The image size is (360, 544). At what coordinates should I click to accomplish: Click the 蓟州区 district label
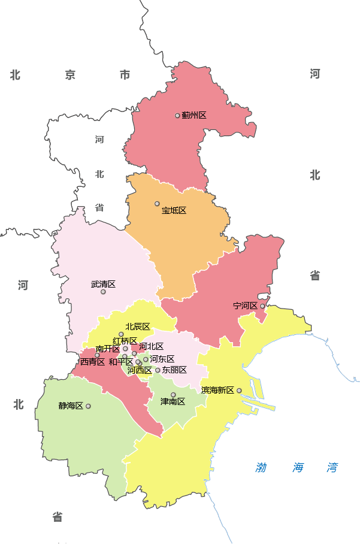point(194,115)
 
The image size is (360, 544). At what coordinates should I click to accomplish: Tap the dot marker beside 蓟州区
point(177,116)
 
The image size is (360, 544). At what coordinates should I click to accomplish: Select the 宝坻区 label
point(174,211)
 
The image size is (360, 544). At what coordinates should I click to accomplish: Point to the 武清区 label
point(103,284)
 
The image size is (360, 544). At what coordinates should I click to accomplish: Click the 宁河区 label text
point(245,306)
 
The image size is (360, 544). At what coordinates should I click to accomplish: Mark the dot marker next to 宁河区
point(262,306)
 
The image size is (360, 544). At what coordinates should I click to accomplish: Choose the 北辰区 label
point(138,327)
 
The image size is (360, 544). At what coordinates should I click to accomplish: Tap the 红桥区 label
point(125,341)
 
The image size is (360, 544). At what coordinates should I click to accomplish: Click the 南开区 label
point(108,349)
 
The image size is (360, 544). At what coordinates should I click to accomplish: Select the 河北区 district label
point(152,346)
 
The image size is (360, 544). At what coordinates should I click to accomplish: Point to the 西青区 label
point(93,362)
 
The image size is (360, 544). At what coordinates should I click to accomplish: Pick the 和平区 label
point(121,362)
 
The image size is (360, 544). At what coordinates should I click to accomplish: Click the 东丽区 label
point(174,370)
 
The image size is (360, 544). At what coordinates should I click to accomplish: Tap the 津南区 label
point(173,401)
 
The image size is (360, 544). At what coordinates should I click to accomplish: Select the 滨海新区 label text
point(217,390)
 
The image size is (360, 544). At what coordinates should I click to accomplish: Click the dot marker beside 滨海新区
point(239,391)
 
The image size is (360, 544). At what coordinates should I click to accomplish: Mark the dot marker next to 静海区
point(88,406)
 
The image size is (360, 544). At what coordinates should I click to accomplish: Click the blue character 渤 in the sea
point(261,468)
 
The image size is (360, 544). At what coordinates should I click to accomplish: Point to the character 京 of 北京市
point(71,75)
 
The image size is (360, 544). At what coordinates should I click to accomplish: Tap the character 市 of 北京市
point(125,75)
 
